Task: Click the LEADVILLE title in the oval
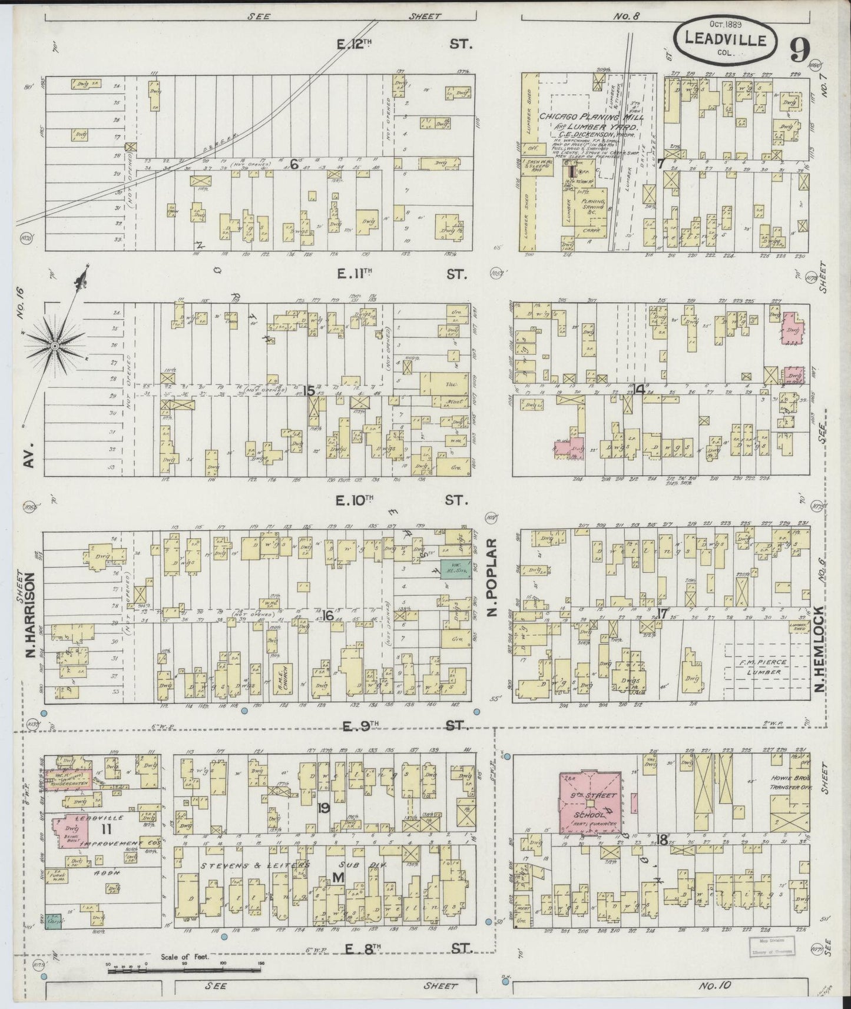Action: (726, 41)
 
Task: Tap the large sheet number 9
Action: (799, 49)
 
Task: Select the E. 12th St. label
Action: (406, 44)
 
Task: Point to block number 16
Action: (328, 616)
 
